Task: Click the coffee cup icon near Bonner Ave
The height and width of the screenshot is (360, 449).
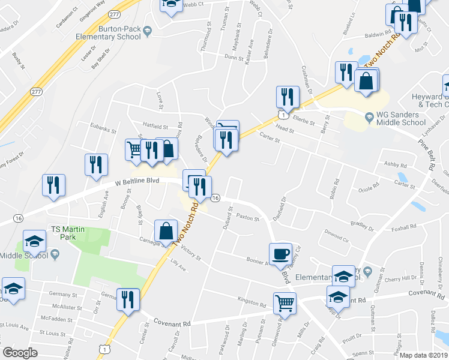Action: point(280,254)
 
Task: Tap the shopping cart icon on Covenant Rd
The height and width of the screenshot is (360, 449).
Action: point(285,302)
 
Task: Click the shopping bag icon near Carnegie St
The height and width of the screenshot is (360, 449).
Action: point(166,231)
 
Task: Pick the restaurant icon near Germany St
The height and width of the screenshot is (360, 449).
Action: point(128,298)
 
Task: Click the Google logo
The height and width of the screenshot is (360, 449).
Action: point(20,353)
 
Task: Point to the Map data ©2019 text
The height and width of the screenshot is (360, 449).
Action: point(424,355)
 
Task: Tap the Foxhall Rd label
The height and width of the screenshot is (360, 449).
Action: point(403,227)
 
